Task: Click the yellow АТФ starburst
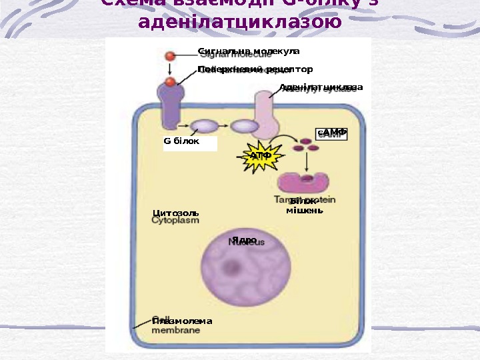[261, 156]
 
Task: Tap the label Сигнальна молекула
[249, 51]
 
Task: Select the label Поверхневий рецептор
[255, 69]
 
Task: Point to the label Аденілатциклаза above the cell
[321, 87]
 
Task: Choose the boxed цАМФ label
[332, 133]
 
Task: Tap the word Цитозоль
[176, 213]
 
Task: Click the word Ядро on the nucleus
[245, 239]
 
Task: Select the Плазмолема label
[181, 321]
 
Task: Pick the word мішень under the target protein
[305, 211]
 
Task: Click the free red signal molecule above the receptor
[171, 57]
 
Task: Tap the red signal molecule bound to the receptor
[171, 82]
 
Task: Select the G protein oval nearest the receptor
[204, 125]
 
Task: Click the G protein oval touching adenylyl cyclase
[245, 125]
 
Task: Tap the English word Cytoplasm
[176, 221]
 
